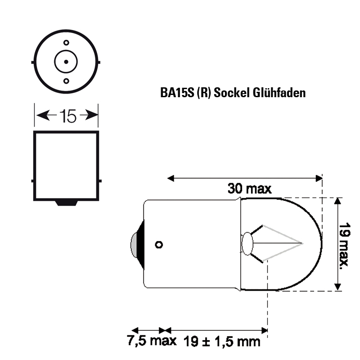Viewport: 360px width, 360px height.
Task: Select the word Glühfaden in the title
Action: (x=279, y=93)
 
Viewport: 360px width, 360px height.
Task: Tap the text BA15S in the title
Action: (x=177, y=93)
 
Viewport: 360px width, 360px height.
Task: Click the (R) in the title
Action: (x=204, y=93)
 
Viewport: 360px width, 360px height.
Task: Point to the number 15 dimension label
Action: (x=68, y=116)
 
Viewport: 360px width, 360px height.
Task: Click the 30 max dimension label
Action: (x=250, y=189)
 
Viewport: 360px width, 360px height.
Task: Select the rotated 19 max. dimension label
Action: (x=344, y=244)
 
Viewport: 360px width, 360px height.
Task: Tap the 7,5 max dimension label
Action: (x=152, y=341)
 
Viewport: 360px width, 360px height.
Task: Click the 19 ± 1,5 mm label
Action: (x=222, y=342)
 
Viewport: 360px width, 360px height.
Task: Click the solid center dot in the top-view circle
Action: (x=66, y=62)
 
